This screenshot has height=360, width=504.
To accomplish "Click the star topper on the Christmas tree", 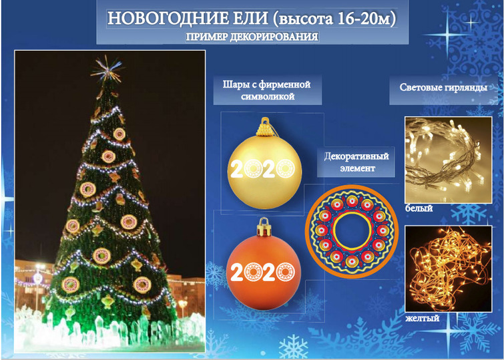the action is [x=106, y=69].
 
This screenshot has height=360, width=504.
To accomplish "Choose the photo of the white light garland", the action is [x=449, y=160].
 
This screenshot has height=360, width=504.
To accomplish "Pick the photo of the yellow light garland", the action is [x=449, y=269].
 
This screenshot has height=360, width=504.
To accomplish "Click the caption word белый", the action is [x=419, y=208].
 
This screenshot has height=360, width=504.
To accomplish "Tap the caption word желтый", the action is [x=422, y=318].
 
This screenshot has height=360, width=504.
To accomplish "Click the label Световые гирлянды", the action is [x=443, y=87].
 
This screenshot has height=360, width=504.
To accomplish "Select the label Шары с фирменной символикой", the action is [x=267, y=90].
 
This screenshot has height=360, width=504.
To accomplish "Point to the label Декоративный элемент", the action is [x=356, y=162].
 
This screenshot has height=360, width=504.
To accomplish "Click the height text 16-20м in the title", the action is [x=364, y=19].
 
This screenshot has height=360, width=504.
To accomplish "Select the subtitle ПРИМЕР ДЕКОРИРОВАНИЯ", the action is [x=252, y=37].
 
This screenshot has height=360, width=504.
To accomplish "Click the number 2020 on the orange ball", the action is [x=263, y=272].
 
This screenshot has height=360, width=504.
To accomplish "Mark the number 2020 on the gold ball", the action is [x=263, y=168].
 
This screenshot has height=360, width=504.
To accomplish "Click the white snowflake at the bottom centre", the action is [x=293, y=347].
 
